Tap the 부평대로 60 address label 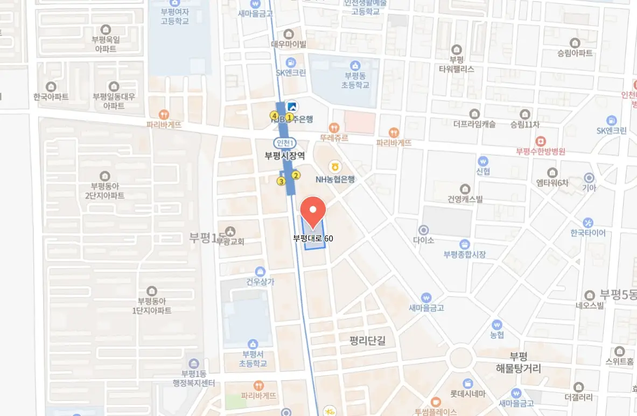(313, 238)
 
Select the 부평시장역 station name (285, 156)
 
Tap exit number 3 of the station (281, 182)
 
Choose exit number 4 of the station (274, 116)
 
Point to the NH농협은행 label (335, 180)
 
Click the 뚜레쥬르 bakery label (334, 138)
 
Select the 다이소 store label (424, 240)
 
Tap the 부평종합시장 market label (464, 254)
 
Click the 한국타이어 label (588, 233)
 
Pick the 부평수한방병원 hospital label (540, 151)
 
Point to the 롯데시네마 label (468, 394)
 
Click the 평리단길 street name (372, 341)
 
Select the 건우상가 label (260, 281)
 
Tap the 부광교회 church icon (231, 231)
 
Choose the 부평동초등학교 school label (355, 80)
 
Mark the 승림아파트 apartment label (575, 53)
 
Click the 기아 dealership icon (589, 177)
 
